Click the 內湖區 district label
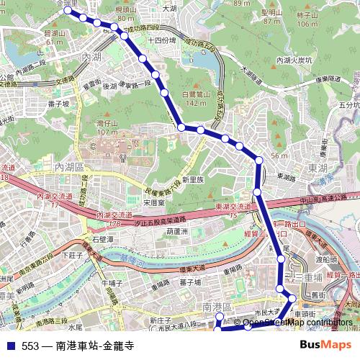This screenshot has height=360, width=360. (70, 167)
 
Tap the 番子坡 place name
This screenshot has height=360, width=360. (58, 103)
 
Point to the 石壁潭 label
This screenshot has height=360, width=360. (103, 238)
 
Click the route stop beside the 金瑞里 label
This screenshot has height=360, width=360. (68, 11)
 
